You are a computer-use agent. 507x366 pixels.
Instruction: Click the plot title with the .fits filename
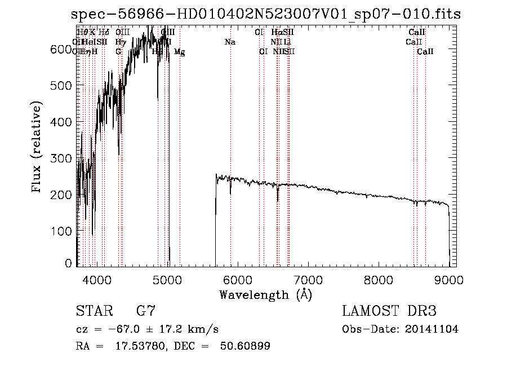(x=266, y=14)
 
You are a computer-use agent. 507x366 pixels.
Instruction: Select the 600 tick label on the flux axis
(x=60, y=49)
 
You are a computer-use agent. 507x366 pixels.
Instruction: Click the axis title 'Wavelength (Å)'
(x=265, y=294)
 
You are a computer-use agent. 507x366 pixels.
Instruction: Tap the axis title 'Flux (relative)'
(x=37, y=148)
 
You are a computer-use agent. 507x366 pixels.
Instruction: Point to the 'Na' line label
(x=230, y=42)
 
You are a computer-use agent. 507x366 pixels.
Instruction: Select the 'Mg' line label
(x=179, y=52)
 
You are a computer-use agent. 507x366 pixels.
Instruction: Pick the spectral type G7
(x=145, y=311)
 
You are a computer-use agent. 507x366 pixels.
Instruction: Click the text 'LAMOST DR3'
(x=389, y=311)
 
